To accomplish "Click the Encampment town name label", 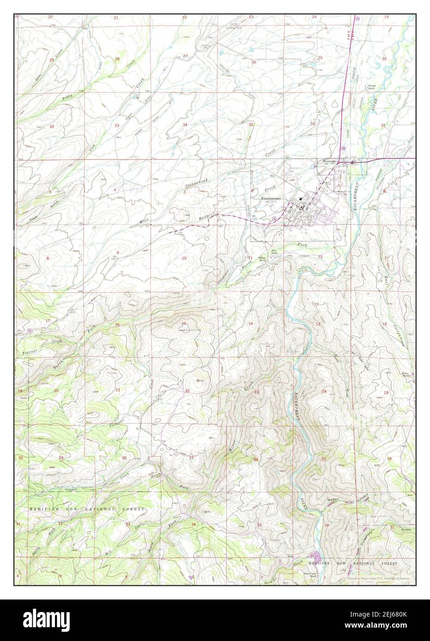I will click(x=271, y=199).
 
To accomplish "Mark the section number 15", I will click(x=184, y=323).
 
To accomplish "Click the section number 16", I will click(x=117, y=325).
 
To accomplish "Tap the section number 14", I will click(x=251, y=324).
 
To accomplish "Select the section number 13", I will click(x=318, y=325).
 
